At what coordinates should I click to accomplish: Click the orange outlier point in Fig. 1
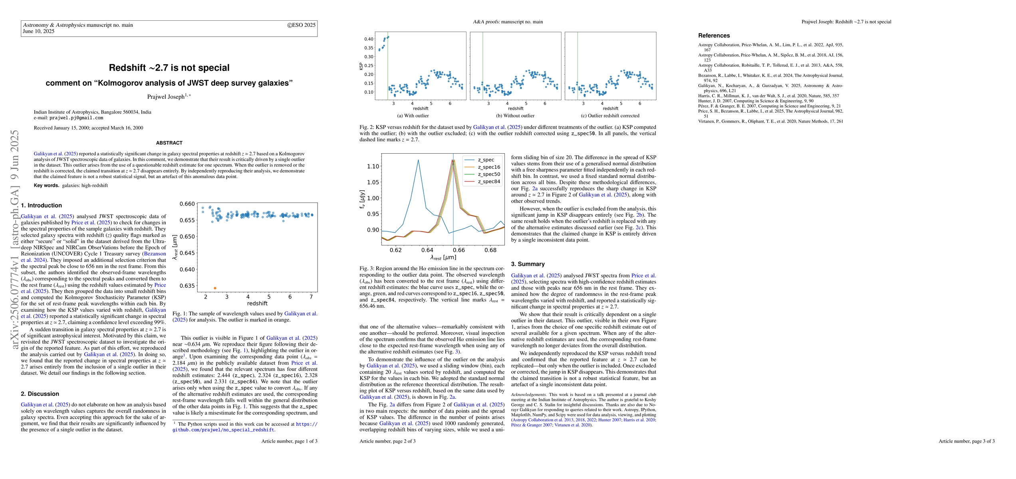(x=215, y=288)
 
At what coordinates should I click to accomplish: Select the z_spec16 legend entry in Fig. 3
(x=489, y=167)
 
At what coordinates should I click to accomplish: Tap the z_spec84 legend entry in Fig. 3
(x=489, y=182)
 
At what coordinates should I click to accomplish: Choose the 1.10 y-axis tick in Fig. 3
(x=373, y=166)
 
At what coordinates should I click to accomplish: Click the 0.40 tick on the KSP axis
(x=369, y=39)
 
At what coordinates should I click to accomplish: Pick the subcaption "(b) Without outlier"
(x=515, y=116)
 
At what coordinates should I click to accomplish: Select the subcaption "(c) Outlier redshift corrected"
(x=610, y=116)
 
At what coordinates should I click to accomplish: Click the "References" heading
(x=714, y=36)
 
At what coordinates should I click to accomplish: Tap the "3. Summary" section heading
(x=528, y=264)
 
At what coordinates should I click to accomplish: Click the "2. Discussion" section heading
(x=40, y=394)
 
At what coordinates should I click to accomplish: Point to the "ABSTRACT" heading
(x=169, y=143)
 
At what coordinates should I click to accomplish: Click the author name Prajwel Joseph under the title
(x=166, y=97)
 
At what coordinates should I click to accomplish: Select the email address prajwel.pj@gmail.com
(x=76, y=118)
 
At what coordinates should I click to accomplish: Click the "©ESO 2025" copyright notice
(x=301, y=25)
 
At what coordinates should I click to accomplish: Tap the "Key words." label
(x=46, y=186)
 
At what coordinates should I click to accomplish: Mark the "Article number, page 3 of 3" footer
(x=966, y=441)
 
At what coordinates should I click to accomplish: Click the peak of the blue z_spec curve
(x=418, y=160)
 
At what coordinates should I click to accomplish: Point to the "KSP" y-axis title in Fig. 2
(x=361, y=65)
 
